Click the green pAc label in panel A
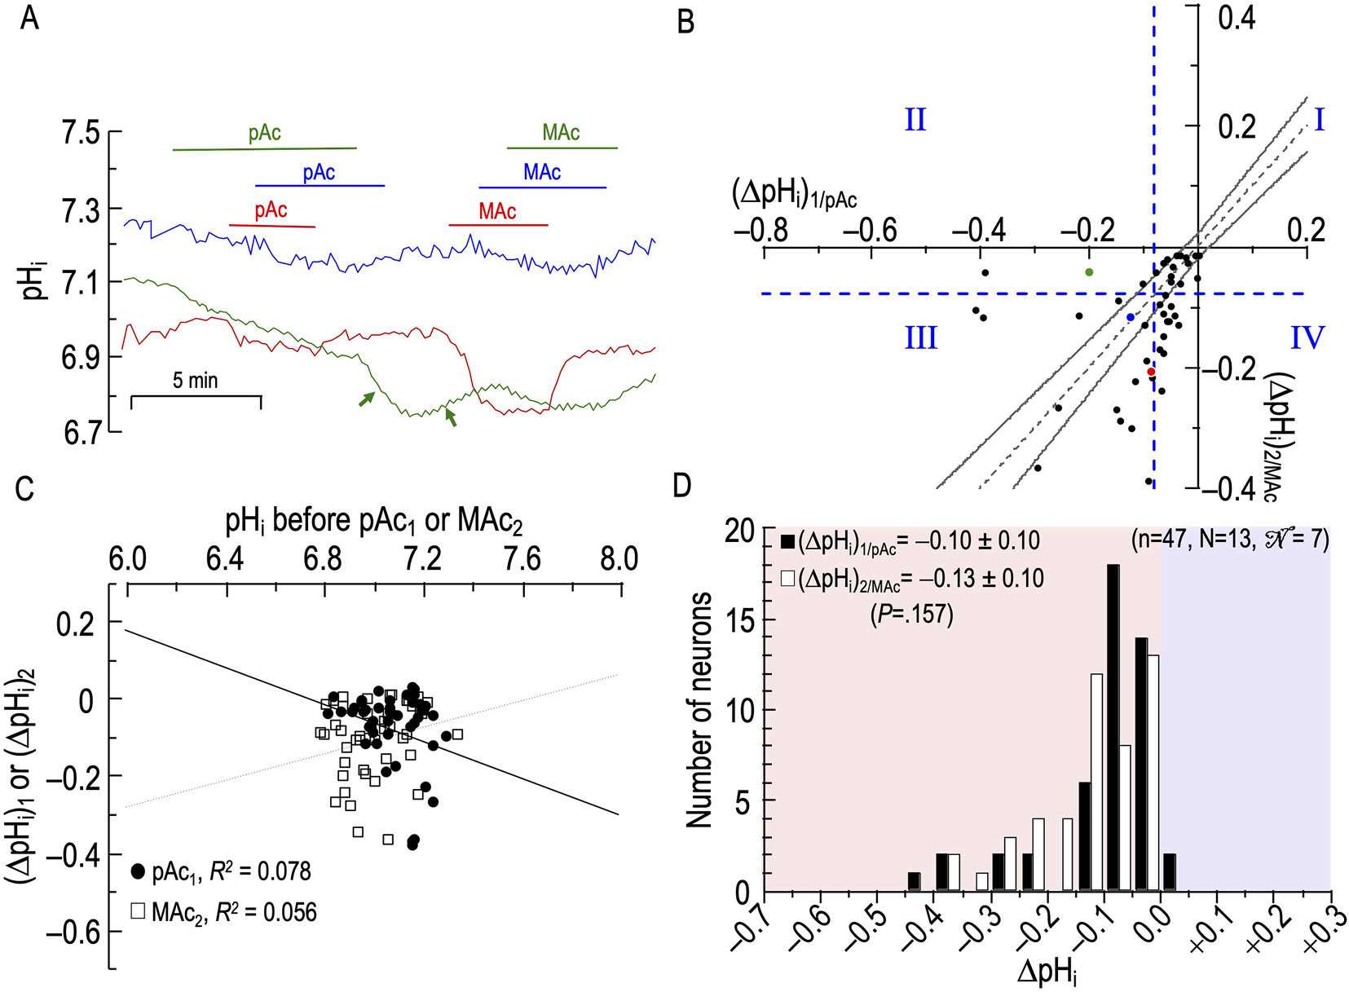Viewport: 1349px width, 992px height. click(265, 133)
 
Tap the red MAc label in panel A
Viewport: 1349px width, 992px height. click(497, 211)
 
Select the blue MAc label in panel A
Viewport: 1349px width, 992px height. click(542, 172)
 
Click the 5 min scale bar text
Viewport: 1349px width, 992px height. click(195, 380)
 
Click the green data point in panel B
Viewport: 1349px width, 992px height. click(1089, 271)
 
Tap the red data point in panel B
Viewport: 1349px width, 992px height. click(1151, 372)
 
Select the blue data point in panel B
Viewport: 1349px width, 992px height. click(1130, 317)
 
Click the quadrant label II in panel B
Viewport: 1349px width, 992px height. click(915, 121)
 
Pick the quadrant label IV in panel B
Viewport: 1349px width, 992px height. click(1307, 337)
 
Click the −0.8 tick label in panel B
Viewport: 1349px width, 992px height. click(760, 231)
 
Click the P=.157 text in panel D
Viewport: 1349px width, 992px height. click(912, 614)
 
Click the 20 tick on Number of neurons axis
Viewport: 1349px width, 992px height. click(740, 531)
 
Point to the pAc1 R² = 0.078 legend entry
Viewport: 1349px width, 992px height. click(222, 871)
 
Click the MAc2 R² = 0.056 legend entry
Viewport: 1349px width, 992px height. click(224, 911)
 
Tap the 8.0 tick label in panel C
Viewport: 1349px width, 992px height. click(619, 558)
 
